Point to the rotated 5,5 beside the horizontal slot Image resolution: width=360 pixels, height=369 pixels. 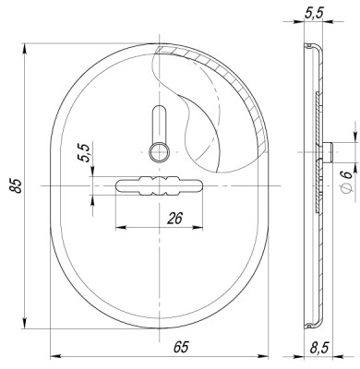point(84,153)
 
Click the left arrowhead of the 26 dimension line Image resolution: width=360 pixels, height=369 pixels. point(117,228)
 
